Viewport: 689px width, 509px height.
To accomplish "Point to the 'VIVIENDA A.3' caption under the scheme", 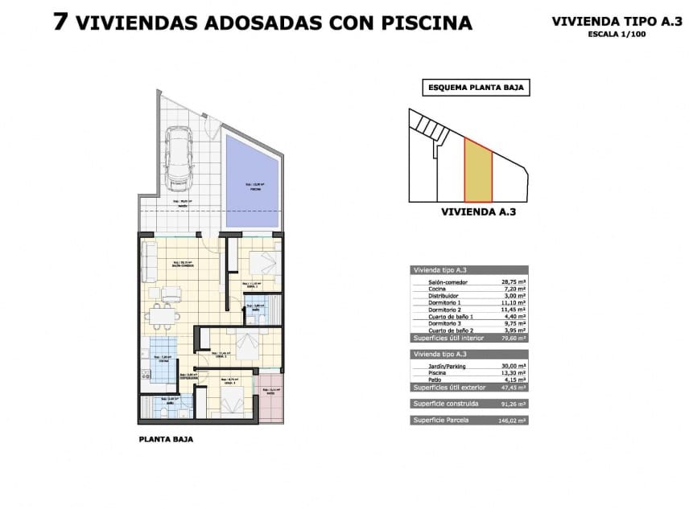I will (478, 213).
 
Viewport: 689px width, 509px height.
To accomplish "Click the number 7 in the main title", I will (60, 22).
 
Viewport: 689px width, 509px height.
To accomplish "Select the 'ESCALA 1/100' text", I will (616, 35).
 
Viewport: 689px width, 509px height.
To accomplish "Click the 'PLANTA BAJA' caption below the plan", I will (167, 440).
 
